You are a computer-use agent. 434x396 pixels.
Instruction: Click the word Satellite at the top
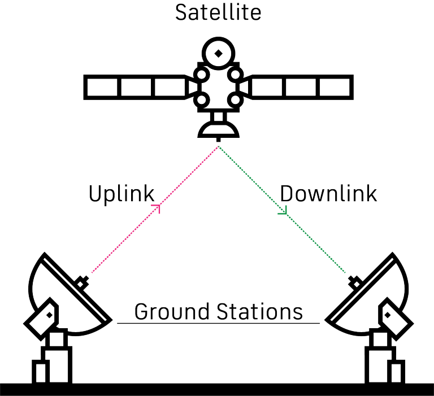tap(218, 12)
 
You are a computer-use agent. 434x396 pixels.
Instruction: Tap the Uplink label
tap(121, 194)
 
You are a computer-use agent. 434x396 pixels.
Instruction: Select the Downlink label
tap(328, 194)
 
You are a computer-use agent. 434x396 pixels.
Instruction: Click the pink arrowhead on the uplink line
tap(158, 208)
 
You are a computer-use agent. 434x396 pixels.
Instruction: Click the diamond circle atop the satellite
tap(218, 54)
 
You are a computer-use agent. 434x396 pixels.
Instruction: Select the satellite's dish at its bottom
tap(218, 131)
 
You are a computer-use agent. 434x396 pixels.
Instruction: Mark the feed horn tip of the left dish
tap(84, 281)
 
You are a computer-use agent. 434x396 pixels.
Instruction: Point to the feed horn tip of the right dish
tap(354, 281)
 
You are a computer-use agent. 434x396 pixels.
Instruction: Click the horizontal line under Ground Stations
tap(218, 324)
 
